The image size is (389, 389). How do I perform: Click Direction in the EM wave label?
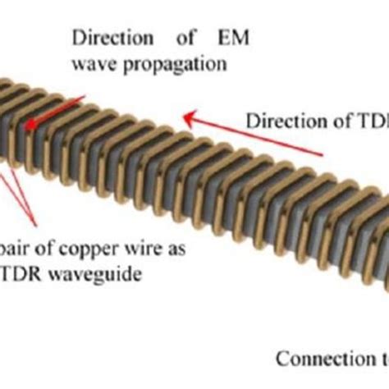point(106,38)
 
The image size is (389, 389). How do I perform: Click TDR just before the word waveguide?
point(24,275)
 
